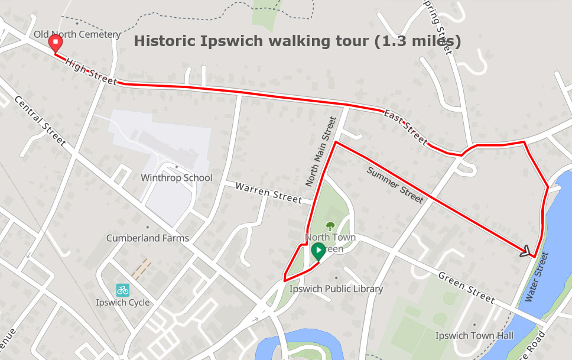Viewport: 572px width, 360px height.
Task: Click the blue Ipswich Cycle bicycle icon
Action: tap(122, 290)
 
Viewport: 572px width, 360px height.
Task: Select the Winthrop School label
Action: tap(176, 177)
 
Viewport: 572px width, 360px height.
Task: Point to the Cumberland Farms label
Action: tap(148, 238)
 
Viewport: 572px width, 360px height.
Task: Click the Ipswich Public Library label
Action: tap(336, 289)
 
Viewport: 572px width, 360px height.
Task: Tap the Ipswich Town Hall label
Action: tap(474, 336)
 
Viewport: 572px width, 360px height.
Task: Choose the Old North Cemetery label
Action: tap(77, 34)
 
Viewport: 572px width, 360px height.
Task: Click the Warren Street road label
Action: tap(268, 193)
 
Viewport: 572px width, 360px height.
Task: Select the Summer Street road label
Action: tap(395, 185)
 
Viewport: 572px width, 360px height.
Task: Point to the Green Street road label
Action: tap(466, 287)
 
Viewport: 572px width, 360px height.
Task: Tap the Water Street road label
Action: tap(537, 277)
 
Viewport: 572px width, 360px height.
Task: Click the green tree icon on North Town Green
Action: tap(330, 225)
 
